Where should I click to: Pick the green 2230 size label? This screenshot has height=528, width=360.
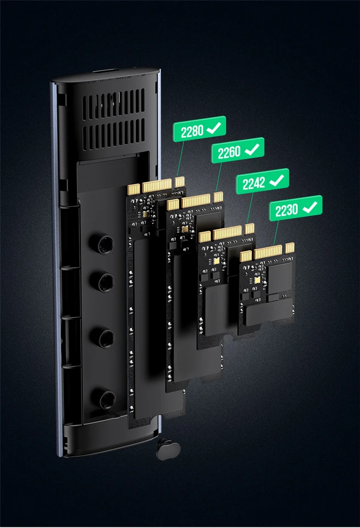tap(296, 209)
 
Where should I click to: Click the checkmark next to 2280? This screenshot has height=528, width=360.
tap(214, 128)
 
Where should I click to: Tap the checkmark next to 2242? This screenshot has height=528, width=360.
tap(277, 180)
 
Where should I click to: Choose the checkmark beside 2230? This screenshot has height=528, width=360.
tap(310, 207)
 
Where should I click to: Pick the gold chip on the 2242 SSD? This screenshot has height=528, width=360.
tap(216, 261)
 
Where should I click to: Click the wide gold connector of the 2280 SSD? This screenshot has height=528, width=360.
tap(157, 186)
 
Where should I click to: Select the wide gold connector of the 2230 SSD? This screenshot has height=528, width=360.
tap(268, 252)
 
